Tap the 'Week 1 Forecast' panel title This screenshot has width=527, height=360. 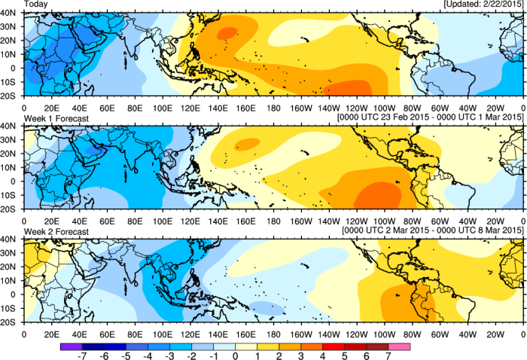[x=56, y=117]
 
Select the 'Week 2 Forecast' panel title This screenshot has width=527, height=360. [x=56, y=231]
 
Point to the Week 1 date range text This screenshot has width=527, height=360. [x=432, y=117]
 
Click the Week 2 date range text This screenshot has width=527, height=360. [x=433, y=231]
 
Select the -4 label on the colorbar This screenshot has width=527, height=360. [x=152, y=354]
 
